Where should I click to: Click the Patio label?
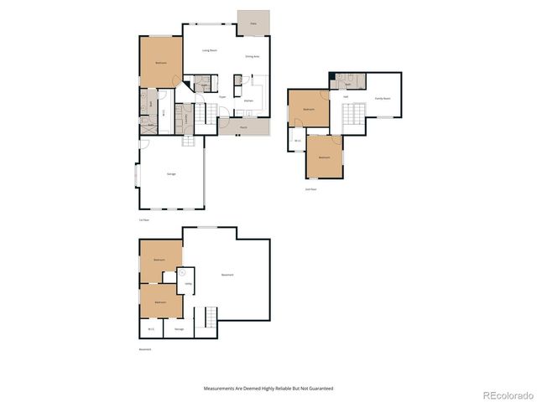coord(253,24)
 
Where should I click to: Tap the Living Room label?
coord(210,50)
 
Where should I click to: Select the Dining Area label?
coord(252,56)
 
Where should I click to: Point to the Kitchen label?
coord(248,101)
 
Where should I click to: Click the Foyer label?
coord(223,97)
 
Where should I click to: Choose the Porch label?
coord(242,127)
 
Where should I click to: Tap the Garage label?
coord(171,173)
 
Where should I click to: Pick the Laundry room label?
coord(188,115)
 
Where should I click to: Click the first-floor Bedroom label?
coord(160,63)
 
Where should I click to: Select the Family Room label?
coord(382,97)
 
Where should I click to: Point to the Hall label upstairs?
coord(346,97)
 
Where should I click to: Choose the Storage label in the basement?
coord(179,328)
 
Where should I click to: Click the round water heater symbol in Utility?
coord(183,272)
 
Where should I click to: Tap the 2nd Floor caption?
coord(310,189)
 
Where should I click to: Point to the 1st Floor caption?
coord(144,219)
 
